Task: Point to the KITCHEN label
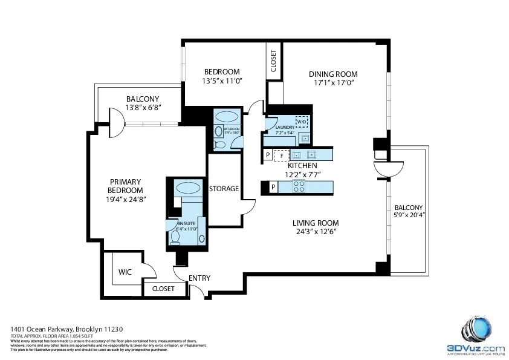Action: click(302, 166)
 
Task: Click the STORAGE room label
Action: click(224, 189)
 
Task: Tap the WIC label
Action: click(125, 272)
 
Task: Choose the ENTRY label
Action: click(199, 278)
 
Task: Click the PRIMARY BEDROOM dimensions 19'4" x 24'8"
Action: click(126, 198)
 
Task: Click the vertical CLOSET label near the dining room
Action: click(273, 61)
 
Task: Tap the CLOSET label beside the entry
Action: click(163, 289)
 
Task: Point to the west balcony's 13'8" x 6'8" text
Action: click(143, 108)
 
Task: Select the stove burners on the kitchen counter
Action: click(298, 187)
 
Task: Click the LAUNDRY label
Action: click(284, 127)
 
